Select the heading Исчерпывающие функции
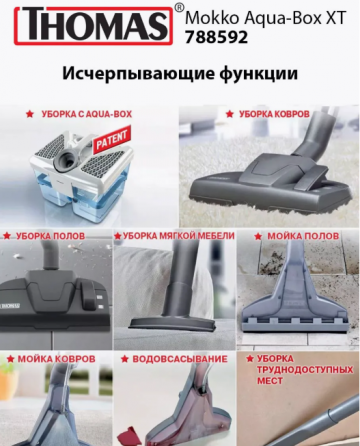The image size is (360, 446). click(x=179, y=75)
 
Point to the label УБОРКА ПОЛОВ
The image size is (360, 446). click(x=50, y=236)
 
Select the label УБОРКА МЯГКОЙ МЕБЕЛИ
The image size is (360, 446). click(x=176, y=236)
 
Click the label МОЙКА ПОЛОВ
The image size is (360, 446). click(x=301, y=236)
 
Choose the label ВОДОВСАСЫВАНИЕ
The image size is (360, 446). click(x=176, y=357)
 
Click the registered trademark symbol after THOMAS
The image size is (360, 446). click(x=179, y=8)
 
